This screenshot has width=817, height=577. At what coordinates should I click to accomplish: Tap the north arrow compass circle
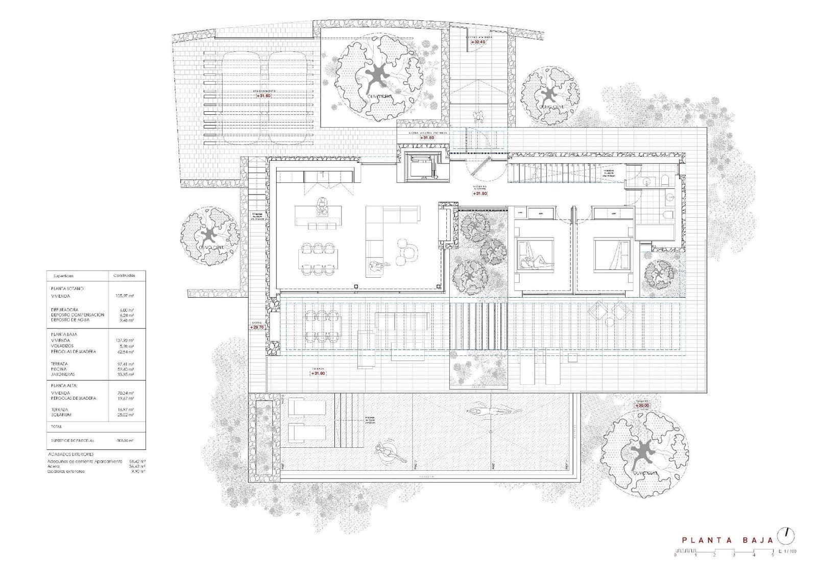(x=787, y=550)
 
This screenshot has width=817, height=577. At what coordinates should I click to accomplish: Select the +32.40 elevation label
(x=478, y=42)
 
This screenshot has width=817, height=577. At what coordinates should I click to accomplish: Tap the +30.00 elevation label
(x=642, y=405)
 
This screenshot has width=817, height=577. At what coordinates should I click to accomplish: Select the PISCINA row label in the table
(x=59, y=369)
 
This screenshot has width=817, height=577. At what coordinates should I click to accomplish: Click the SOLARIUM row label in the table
(x=62, y=415)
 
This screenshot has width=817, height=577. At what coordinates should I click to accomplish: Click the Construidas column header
(x=124, y=276)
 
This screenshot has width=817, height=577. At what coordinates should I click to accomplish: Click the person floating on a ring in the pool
(x=387, y=451)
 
